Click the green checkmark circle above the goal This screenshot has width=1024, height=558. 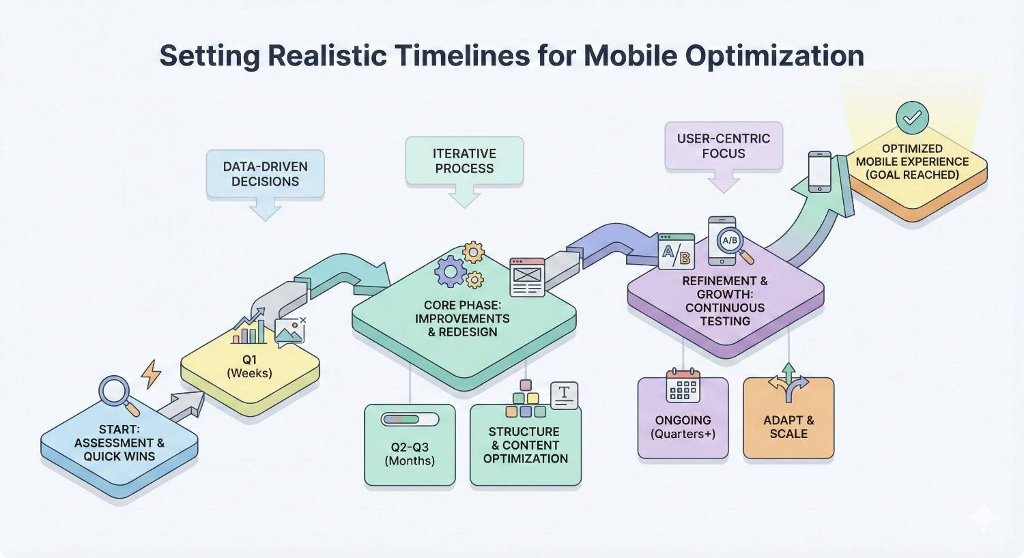912,118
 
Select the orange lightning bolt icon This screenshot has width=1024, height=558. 151,374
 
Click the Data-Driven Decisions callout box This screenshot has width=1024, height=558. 265,174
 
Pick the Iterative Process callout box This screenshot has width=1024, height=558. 464,161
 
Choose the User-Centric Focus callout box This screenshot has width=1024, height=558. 724,146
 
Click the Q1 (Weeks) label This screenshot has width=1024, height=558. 249,366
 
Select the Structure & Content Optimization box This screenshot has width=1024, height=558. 526,445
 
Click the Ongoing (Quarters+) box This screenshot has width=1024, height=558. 683,427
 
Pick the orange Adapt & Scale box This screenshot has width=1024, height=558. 788,427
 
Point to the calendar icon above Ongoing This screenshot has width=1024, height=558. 683,385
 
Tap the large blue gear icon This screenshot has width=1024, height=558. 450,271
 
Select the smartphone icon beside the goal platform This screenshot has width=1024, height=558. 819,171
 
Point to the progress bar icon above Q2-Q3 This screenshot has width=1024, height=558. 401,420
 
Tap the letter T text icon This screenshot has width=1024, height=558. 564,395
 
